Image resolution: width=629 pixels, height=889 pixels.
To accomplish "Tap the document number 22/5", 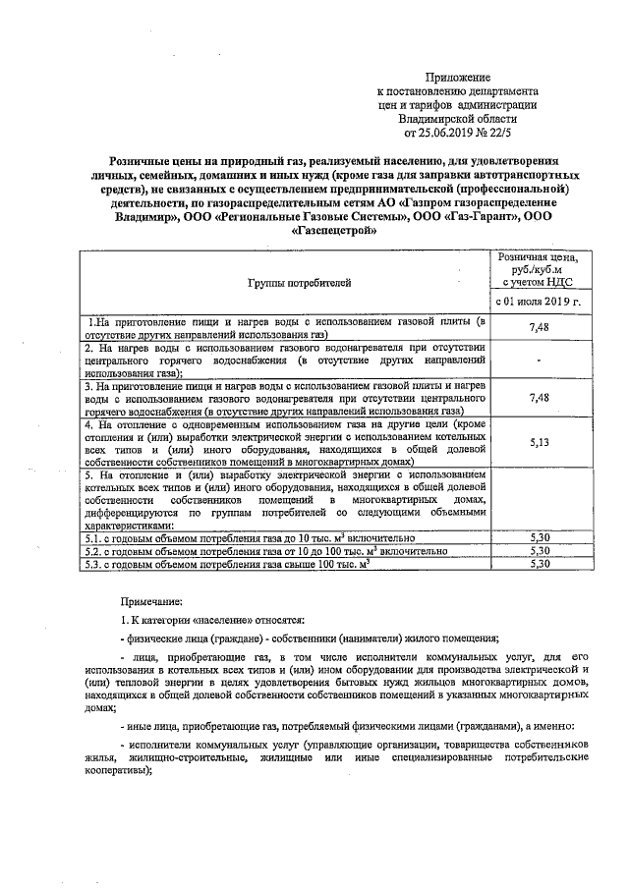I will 512,128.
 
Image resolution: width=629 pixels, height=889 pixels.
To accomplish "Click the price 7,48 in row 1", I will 538,327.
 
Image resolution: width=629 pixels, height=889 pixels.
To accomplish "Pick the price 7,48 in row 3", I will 538,398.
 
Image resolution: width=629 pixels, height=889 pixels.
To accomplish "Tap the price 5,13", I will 538,442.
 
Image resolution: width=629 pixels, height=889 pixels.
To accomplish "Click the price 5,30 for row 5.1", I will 538,538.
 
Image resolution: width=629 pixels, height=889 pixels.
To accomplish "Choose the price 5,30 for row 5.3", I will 538,564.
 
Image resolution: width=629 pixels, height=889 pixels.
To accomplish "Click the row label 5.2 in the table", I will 91,551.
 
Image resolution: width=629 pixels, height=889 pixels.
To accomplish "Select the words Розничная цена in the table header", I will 538,255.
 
